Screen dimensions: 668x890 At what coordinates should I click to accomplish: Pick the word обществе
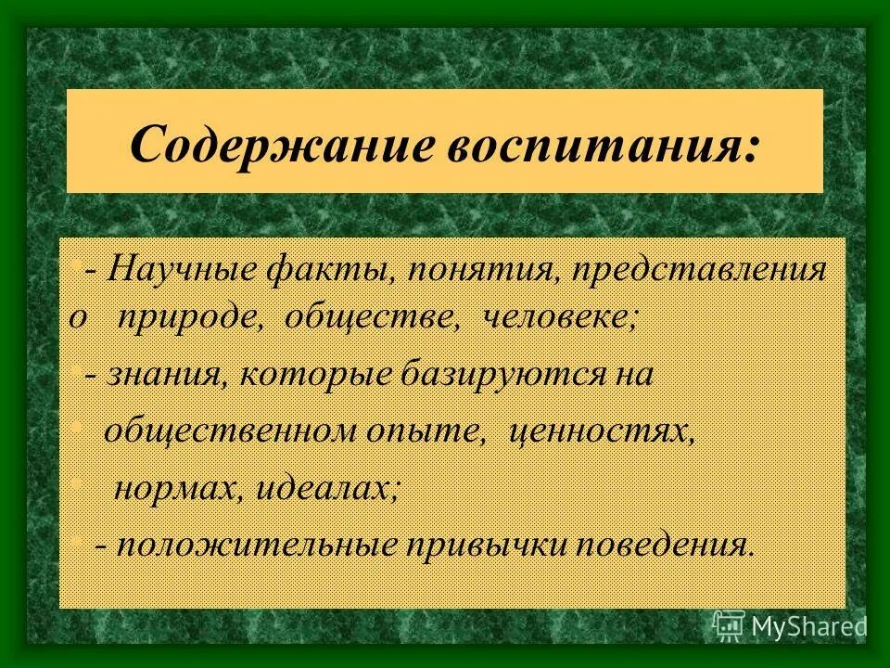point(373,318)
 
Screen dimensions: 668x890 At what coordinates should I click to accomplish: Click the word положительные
point(248,544)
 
